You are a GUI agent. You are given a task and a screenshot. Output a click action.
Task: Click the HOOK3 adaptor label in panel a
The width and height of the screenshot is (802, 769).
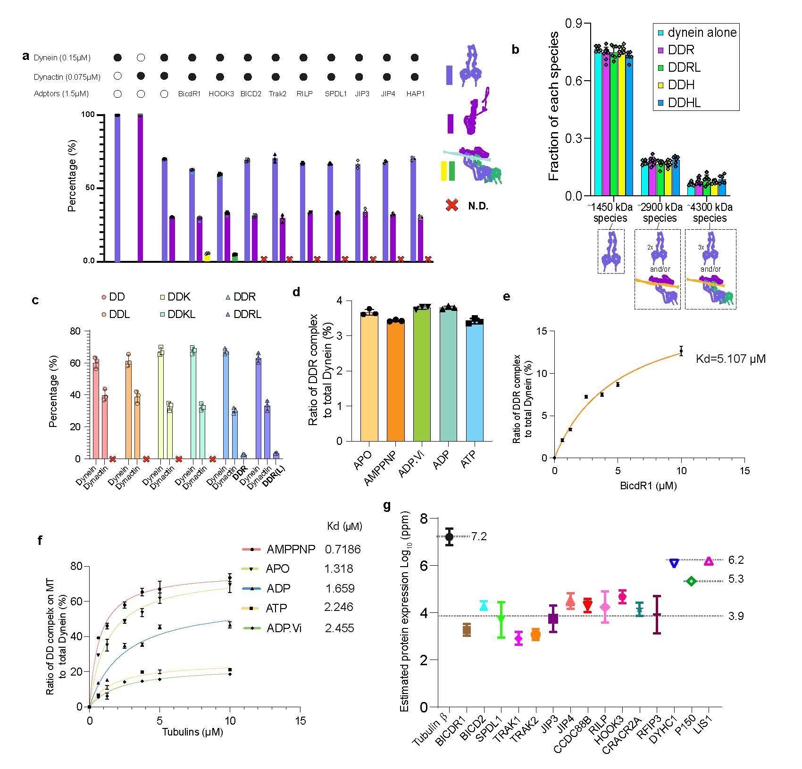(x=219, y=94)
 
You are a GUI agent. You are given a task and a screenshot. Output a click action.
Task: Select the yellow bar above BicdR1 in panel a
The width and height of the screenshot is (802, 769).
(x=207, y=257)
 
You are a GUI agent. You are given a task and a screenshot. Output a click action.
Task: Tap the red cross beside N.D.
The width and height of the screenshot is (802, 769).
(x=452, y=206)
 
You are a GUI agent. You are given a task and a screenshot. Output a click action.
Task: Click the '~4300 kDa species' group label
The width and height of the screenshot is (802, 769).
(x=710, y=213)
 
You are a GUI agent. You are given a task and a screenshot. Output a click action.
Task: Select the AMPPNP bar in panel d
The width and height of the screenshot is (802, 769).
(x=396, y=381)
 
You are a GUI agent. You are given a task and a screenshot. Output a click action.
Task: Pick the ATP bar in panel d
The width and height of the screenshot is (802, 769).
(x=475, y=382)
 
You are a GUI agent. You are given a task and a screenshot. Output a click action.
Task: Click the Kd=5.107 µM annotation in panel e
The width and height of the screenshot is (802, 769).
(x=730, y=359)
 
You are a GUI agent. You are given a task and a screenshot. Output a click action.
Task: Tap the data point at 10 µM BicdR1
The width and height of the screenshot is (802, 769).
(x=681, y=351)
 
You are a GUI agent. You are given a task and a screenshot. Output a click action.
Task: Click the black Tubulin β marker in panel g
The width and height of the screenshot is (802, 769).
(x=449, y=536)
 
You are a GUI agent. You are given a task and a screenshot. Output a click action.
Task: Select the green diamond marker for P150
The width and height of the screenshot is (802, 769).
(x=691, y=581)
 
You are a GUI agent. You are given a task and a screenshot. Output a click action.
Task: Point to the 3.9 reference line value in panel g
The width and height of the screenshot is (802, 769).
(x=736, y=616)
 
